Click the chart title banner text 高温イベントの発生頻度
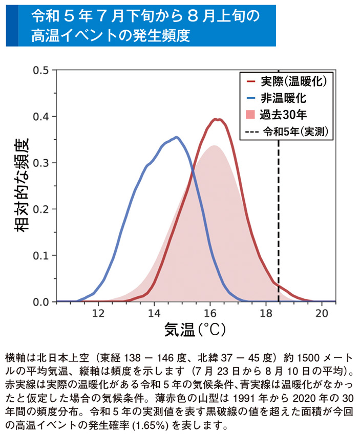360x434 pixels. pos(110,35)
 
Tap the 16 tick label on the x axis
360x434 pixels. pos(210,313)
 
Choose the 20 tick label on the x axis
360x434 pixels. pos(322,313)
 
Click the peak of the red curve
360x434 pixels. pos(217,119)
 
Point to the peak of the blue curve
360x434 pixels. pos(177,137)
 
